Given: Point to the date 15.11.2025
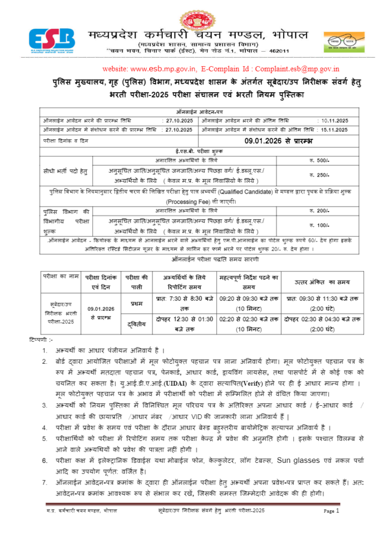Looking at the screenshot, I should [333, 130].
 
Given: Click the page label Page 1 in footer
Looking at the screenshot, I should [332, 510].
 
